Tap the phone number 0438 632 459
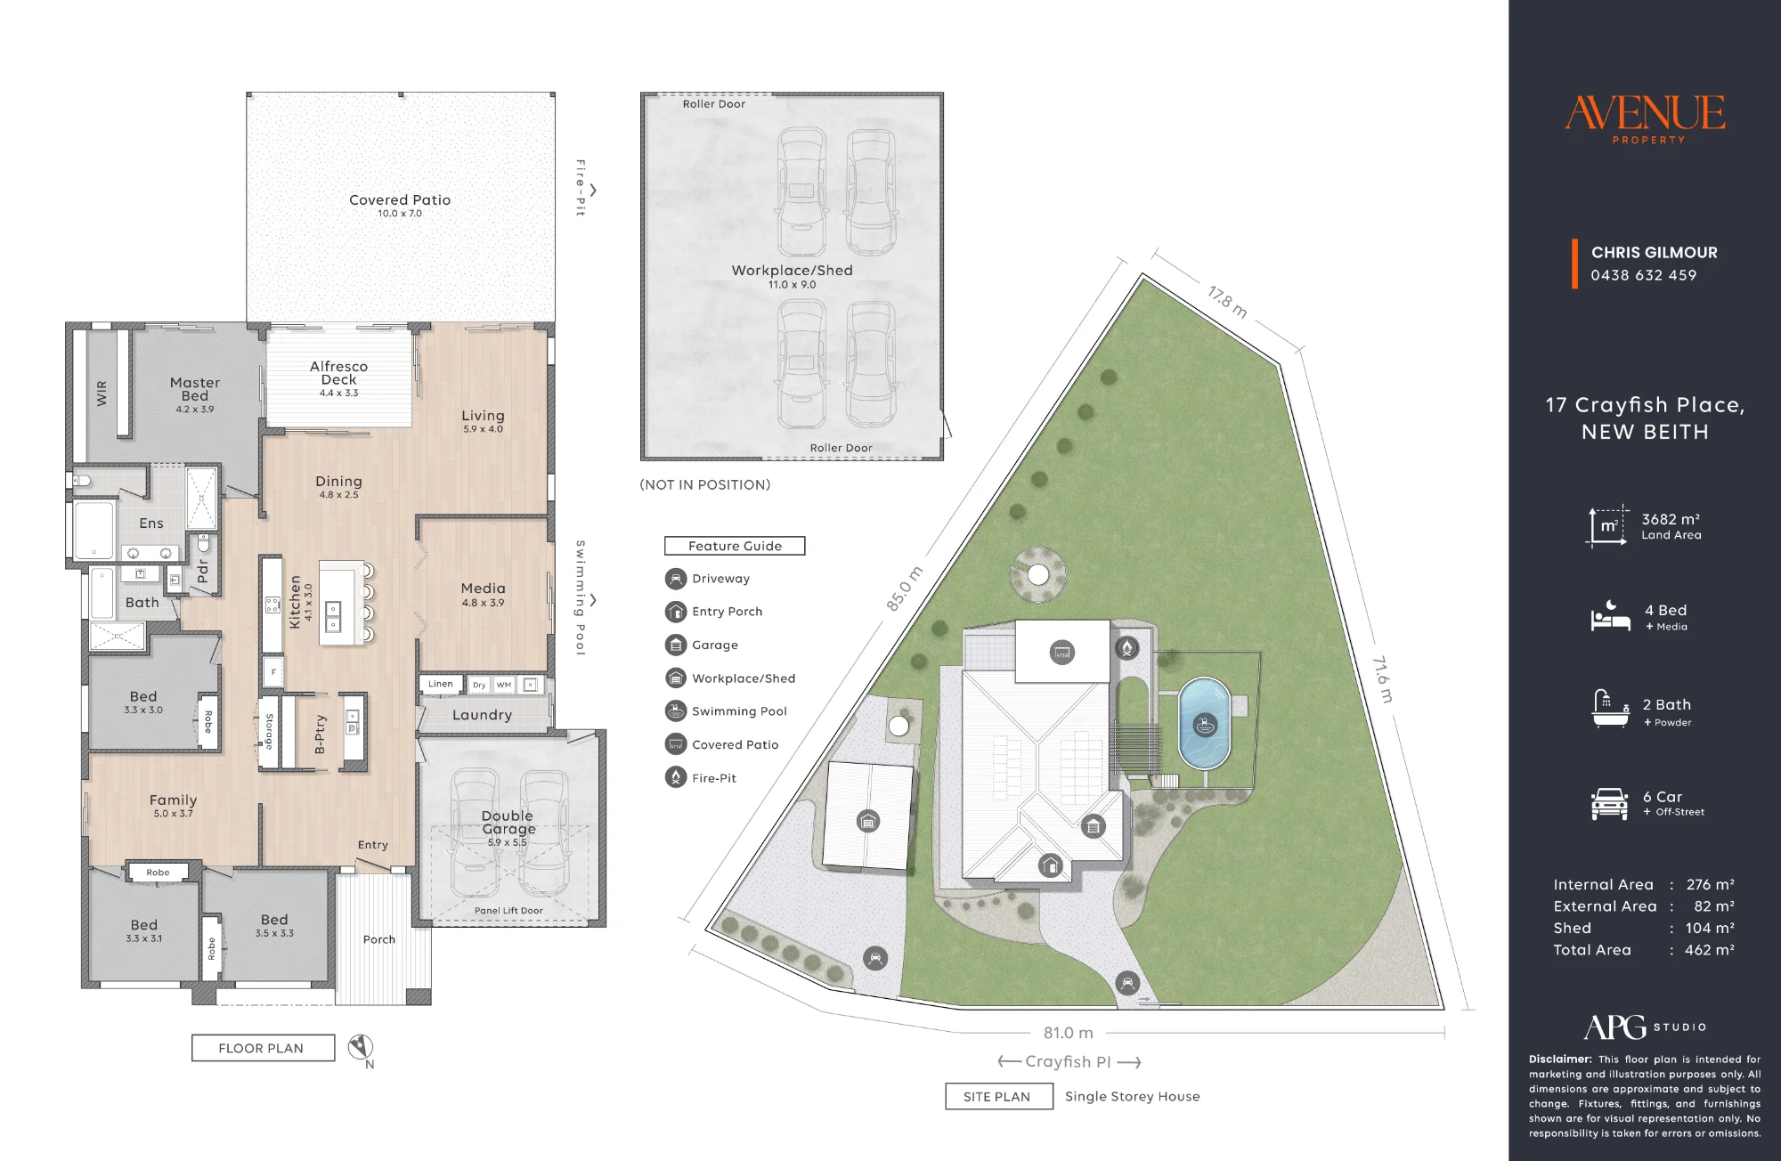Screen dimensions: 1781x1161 (x=1644, y=275)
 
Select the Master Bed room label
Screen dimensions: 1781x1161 (x=195, y=389)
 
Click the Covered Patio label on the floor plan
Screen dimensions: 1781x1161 (x=400, y=200)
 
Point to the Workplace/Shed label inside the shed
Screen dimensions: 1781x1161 (x=792, y=270)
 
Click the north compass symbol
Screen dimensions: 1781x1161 (x=361, y=1046)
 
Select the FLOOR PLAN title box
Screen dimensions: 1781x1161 (x=264, y=1048)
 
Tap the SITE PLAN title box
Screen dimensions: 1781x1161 (x=998, y=1096)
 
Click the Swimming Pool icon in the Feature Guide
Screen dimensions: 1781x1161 (x=676, y=710)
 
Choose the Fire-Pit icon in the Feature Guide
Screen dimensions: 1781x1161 (x=676, y=777)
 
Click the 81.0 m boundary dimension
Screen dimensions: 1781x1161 (x=1068, y=1033)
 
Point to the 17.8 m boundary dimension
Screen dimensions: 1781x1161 (x=1227, y=302)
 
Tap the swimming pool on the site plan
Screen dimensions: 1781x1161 (x=1204, y=723)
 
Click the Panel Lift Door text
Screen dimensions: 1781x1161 (x=508, y=910)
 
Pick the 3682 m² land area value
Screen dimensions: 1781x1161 (x=1671, y=519)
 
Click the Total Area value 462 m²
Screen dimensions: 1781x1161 (x=1710, y=950)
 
